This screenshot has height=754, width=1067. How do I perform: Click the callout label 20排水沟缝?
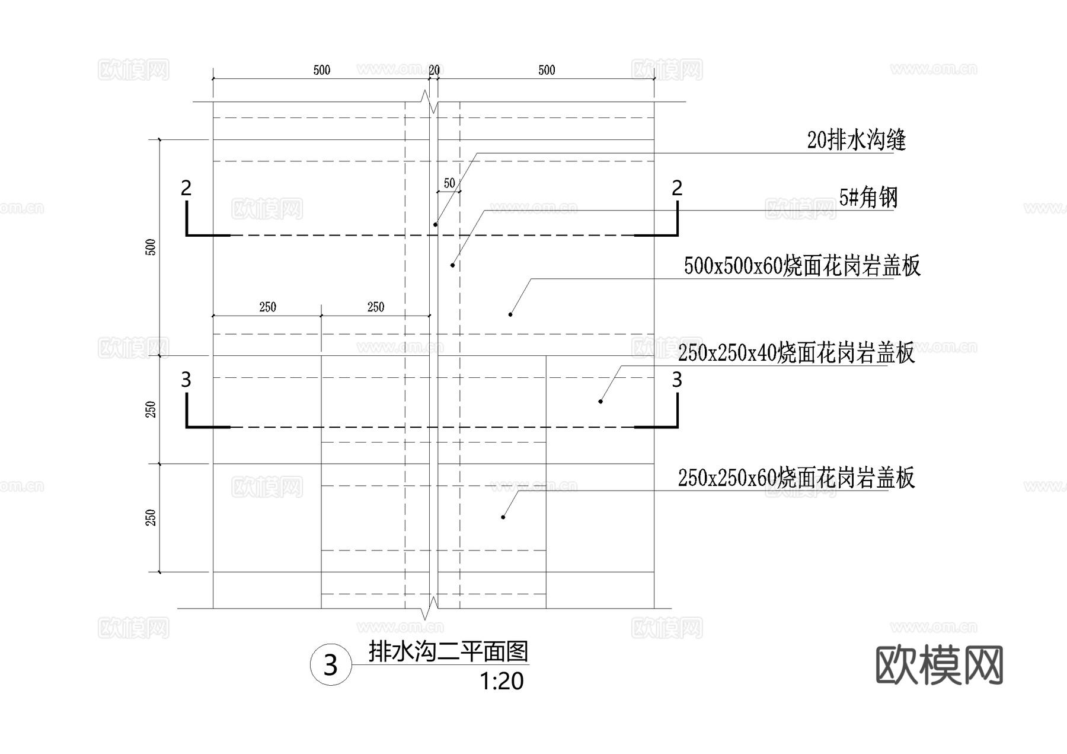[x=856, y=141]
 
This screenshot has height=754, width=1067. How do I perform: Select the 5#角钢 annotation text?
[x=868, y=198]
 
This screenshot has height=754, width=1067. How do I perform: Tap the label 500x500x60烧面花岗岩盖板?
[x=801, y=266]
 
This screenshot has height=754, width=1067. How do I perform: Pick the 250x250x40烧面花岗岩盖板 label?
[x=796, y=353]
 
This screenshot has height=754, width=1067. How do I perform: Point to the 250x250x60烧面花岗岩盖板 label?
[x=796, y=478]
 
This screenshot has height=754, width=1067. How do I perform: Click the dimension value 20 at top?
[x=434, y=70]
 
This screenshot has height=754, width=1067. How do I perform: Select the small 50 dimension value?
[x=449, y=183]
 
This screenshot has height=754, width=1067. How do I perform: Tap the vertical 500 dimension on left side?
[x=151, y=247]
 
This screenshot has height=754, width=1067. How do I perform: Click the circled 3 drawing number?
[x=331, y=665]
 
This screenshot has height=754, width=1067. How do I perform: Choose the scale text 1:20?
[x=501, y=682]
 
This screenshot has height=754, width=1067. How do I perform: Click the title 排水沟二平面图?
[x=448, y=651]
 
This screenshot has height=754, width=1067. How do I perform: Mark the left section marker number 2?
[x=186, y=188]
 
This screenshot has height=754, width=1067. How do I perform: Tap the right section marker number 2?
[x=677, y=188]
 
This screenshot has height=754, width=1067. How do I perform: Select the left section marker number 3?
[x=186, y=380]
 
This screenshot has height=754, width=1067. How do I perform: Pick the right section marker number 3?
[x=677, y=380]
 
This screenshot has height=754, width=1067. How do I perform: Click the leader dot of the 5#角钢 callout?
[x=452, y=265]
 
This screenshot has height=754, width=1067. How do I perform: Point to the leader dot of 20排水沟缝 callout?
[x=435, y=224]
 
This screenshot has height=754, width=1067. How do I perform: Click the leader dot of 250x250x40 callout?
[x=600, y=402]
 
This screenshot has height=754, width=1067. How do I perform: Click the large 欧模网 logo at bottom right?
[x=939, y=666]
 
